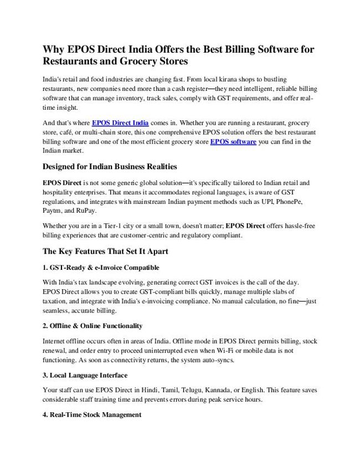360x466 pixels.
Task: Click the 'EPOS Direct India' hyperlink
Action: [120, 122]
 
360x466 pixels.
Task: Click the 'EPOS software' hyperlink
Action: [233, 142]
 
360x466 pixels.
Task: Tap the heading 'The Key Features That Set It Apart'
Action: [105, 251]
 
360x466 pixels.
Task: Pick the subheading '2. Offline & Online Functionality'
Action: [92, 326]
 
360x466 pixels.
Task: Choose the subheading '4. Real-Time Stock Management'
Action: [92, 414]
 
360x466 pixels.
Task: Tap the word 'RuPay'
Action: [91, 211]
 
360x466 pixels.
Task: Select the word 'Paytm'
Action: [52, 211]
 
